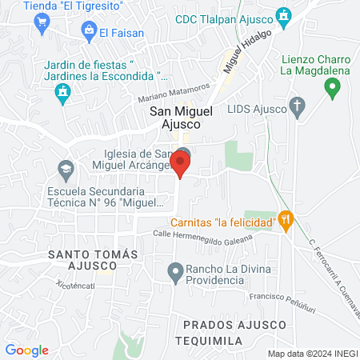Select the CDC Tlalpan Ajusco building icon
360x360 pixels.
pos(282,14)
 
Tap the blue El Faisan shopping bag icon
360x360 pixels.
pos(89,31)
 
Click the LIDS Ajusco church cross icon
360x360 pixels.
pos(297,106)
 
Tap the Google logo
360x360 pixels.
pos(26,350)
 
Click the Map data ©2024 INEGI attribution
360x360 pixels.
pos(312,353)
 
